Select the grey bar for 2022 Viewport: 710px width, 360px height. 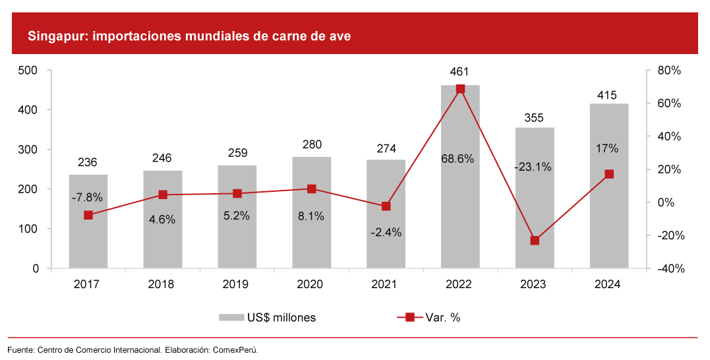pyautogui.click(x=460, y=198)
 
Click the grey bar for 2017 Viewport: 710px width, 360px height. pyautogui.click(x=88, y=244)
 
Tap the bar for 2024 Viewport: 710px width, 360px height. pyautogui.click(x=609, y=218)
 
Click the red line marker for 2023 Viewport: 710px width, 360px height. pyautogui.click(x=535, y=241)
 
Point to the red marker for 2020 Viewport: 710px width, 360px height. pyautogui.click(x=312, y=189)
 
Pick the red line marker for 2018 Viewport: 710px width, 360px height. pyautogui.click(x=163, y=195)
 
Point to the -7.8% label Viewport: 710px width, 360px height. pyautogui.click(x=88, y=197)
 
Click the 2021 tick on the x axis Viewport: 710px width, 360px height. pyautogui.click(x=386, y=284)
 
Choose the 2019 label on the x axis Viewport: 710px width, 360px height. pyautogui.click(x=237, y=284)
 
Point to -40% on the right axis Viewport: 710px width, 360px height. pyautogui.click(x=666, y=269)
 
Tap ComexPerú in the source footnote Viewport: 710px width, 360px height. pyautogui.click(x=234, y=349)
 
